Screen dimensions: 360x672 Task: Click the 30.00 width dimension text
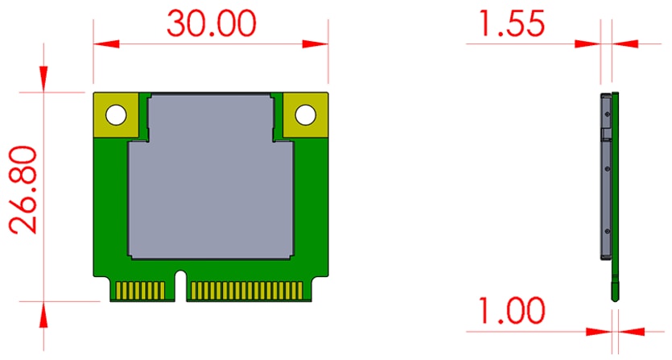212,23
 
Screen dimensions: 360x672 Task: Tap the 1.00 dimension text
509,311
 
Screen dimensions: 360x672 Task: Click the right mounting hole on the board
305,115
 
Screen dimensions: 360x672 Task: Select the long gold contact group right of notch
246,291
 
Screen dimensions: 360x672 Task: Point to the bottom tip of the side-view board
616,298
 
